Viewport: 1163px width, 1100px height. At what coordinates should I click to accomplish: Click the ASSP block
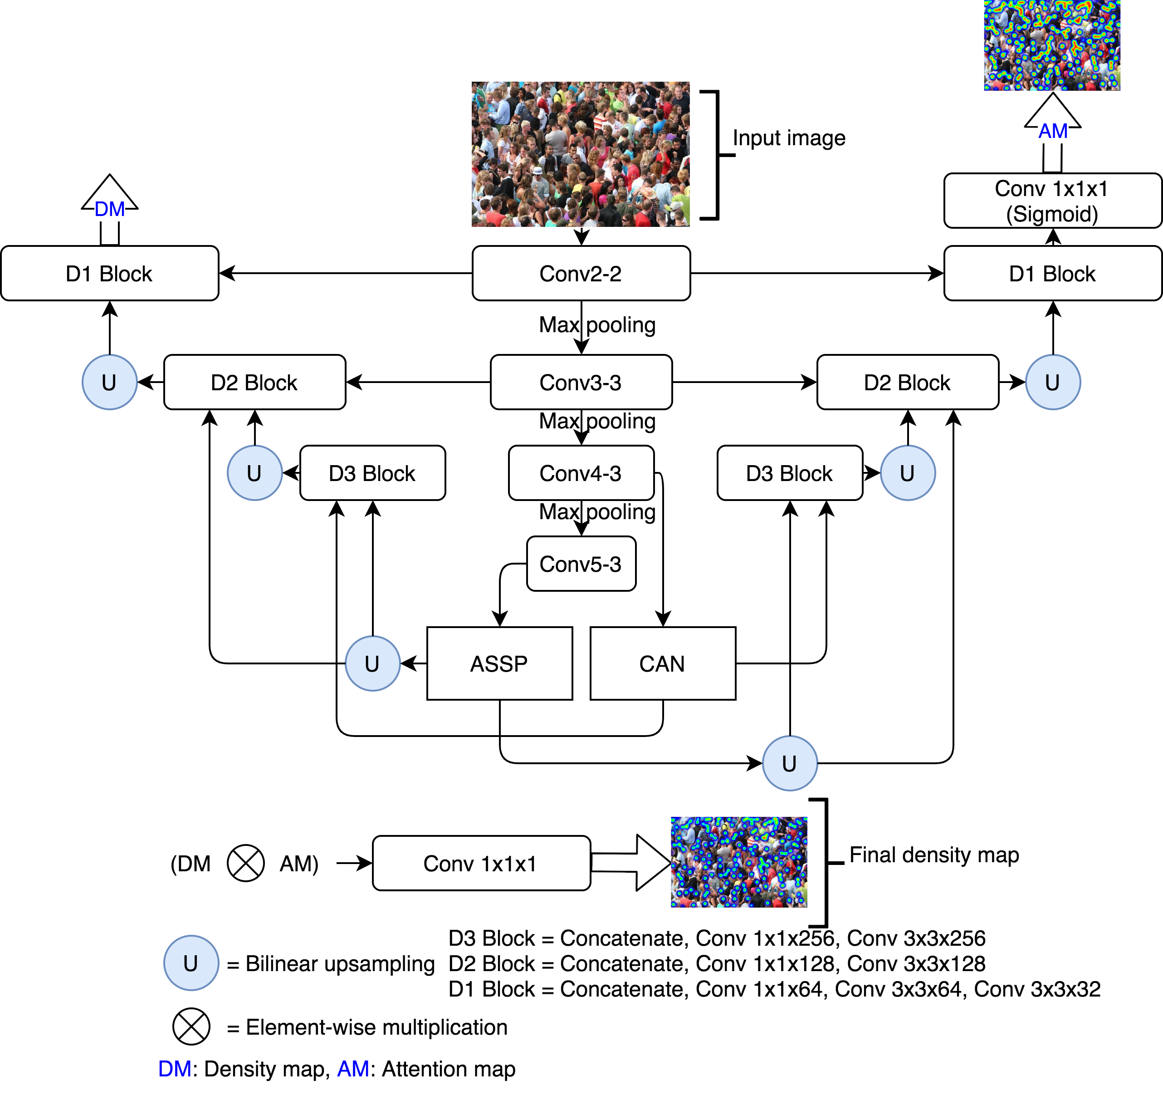pyautogui.click(x=499, y=663)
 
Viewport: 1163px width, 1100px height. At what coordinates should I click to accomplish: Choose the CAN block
pyautogui.click(x=662, y=663)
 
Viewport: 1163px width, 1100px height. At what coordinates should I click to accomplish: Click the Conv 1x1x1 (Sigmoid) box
pyautogui.click(x=1052, y=201)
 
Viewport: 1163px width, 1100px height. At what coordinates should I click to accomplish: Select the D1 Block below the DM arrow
pyautogui.click(x=110, y=273)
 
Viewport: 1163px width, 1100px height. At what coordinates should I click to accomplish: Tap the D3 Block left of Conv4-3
pyautogui.click(x=372, y=473)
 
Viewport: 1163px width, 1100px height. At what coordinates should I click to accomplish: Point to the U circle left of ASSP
pyautogui.click(x=372, y=663)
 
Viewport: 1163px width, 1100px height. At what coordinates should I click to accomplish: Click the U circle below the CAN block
pyautogui.click(x=790, y=763)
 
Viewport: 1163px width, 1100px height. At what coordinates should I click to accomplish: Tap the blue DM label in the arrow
pyautogui.click(x=110, y=209)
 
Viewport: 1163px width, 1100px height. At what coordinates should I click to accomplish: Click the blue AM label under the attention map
pyautogui.click(x=1053, y=131)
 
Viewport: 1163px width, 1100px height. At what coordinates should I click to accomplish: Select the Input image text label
pyautogui.click(x=789, y=138)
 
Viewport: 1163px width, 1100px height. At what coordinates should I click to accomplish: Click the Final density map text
pyautogui.click(x=934, y=855)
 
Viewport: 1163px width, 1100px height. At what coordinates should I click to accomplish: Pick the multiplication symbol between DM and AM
pyautogui.click(x=245, y=863)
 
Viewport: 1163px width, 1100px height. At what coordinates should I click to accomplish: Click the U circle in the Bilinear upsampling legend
pyautogui.click(x=191, y=963)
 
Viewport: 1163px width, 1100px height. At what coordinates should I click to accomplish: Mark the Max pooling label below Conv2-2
pyautogui.click(x=597, y=325)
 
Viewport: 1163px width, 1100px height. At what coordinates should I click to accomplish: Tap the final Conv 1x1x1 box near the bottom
pyautogui.click(x=481, y=863)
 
